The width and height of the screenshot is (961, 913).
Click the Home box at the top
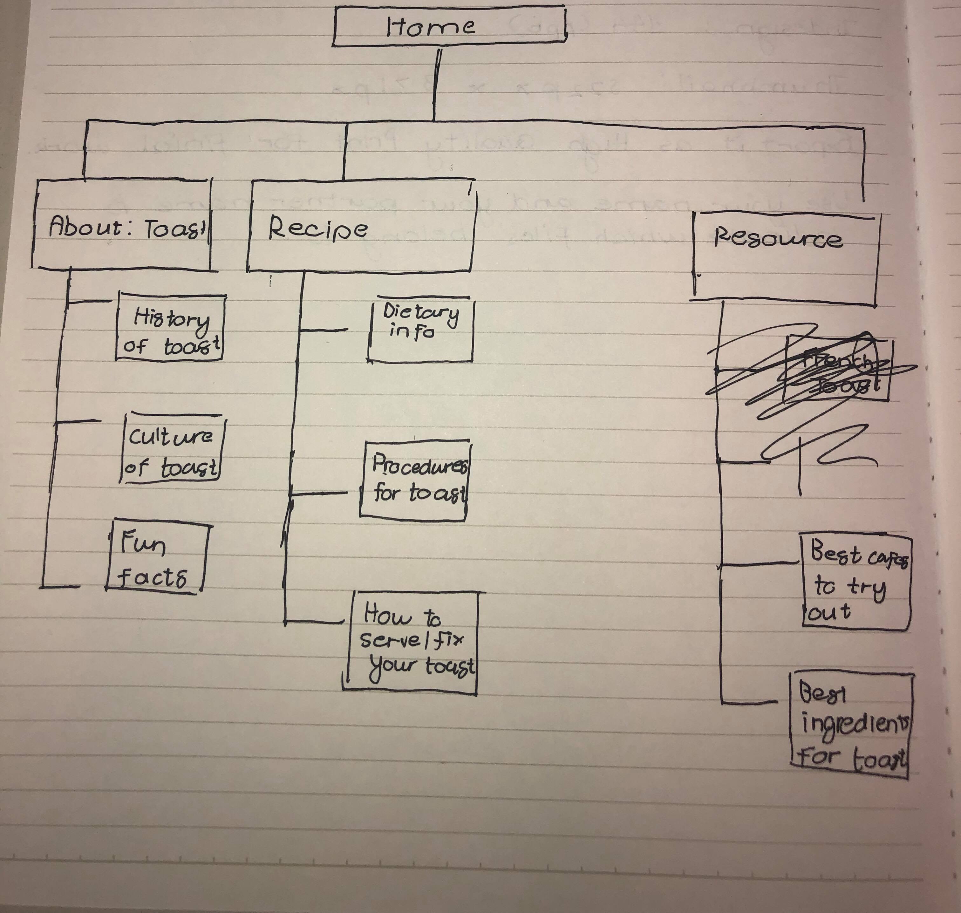(449, 27)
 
